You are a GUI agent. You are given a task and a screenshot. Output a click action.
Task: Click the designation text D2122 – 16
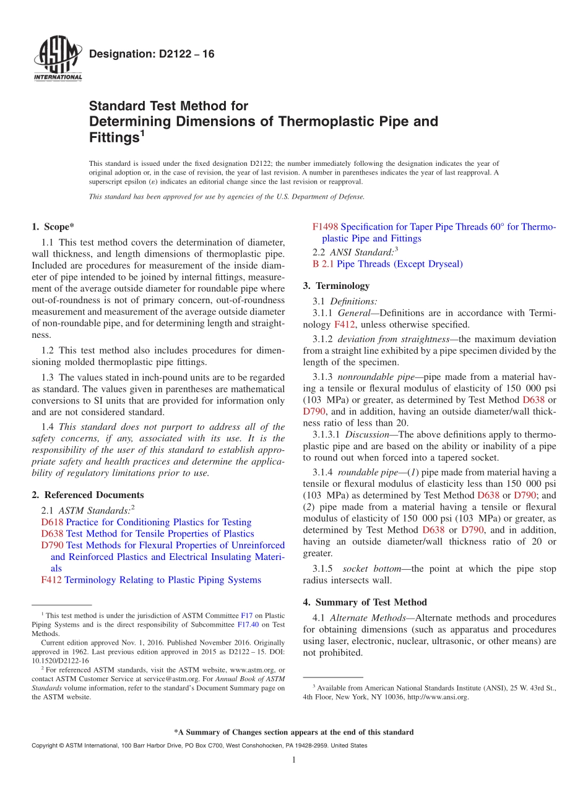tap(152, 54)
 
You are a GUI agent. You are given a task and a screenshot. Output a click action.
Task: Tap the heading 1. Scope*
tap(53, 227)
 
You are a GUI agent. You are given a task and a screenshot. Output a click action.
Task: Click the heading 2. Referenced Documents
tap(87, 495)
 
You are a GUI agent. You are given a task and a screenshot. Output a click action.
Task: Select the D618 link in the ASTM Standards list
tap(52, 522)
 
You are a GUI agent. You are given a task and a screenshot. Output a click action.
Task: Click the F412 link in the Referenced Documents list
tap(51, 580)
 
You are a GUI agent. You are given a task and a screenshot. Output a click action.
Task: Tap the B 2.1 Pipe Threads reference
tap(387, 264)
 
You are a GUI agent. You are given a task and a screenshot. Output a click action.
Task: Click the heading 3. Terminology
tap(336, 286)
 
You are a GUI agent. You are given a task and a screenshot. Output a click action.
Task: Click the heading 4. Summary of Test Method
tap(365, 602)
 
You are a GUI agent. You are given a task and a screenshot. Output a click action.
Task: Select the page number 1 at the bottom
tap(294, 760)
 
